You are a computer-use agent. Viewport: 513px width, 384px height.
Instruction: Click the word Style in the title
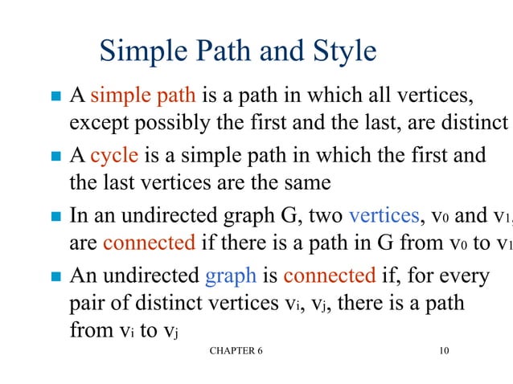coord(341,51)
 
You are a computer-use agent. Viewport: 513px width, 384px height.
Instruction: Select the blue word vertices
coord(384,215)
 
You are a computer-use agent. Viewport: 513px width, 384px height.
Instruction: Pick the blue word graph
coord(231,276)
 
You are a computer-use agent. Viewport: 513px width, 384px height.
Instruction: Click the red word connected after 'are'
coord(150,242)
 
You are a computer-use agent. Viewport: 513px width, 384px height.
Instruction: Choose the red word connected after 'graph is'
coord(330,276)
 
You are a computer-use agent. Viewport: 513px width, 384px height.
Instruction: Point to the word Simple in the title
coord(145,51)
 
